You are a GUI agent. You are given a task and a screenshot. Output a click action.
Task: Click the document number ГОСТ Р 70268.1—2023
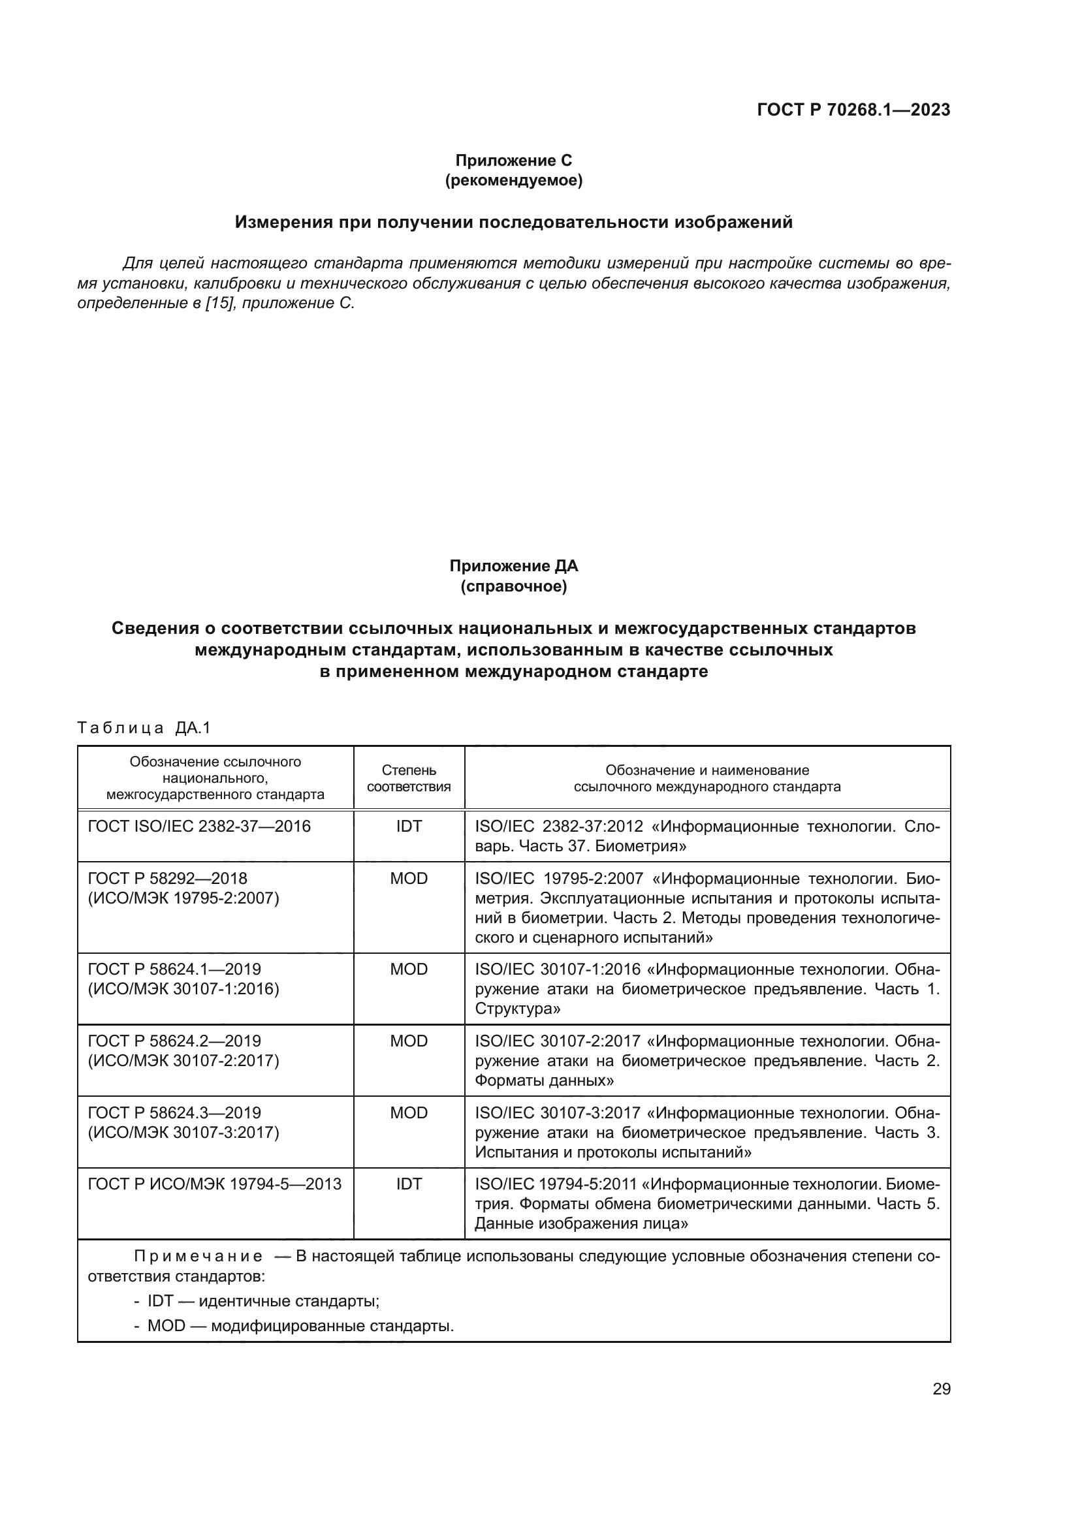coord(853,110)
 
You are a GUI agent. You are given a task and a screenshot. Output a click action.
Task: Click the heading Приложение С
coord(513,161)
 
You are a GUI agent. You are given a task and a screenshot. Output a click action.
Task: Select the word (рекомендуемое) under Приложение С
coord(513,180)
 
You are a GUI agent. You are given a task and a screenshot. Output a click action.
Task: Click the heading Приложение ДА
coord(513,566)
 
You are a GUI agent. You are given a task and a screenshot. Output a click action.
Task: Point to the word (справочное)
coord(513,587)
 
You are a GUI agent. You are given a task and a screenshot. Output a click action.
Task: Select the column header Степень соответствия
coord(408,778)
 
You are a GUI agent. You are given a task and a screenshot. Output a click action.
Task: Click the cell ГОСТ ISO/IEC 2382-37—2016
coord(200,826)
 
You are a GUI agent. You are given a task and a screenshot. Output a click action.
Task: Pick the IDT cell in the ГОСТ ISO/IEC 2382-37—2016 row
coord(408,826)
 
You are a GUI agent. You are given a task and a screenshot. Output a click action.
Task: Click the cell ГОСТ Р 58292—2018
coord(168,879)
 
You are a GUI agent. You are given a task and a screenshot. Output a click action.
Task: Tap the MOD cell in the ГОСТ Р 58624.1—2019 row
coord(408,969)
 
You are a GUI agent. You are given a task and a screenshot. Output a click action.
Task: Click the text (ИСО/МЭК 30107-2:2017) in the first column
coord(183,1060)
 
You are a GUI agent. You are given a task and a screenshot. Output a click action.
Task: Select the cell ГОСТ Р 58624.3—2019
coord(174,1112)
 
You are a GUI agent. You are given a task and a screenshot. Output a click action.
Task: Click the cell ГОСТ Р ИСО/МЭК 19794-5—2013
coord(214,1184)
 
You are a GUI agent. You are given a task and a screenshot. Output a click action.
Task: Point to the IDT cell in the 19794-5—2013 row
coord(408,1184)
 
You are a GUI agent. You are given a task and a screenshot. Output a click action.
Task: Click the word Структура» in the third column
coord(517,1008)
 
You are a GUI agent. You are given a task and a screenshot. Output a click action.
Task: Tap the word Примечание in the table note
coord(199,1256)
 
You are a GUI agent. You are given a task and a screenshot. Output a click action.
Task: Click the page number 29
coord(941,1389)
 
